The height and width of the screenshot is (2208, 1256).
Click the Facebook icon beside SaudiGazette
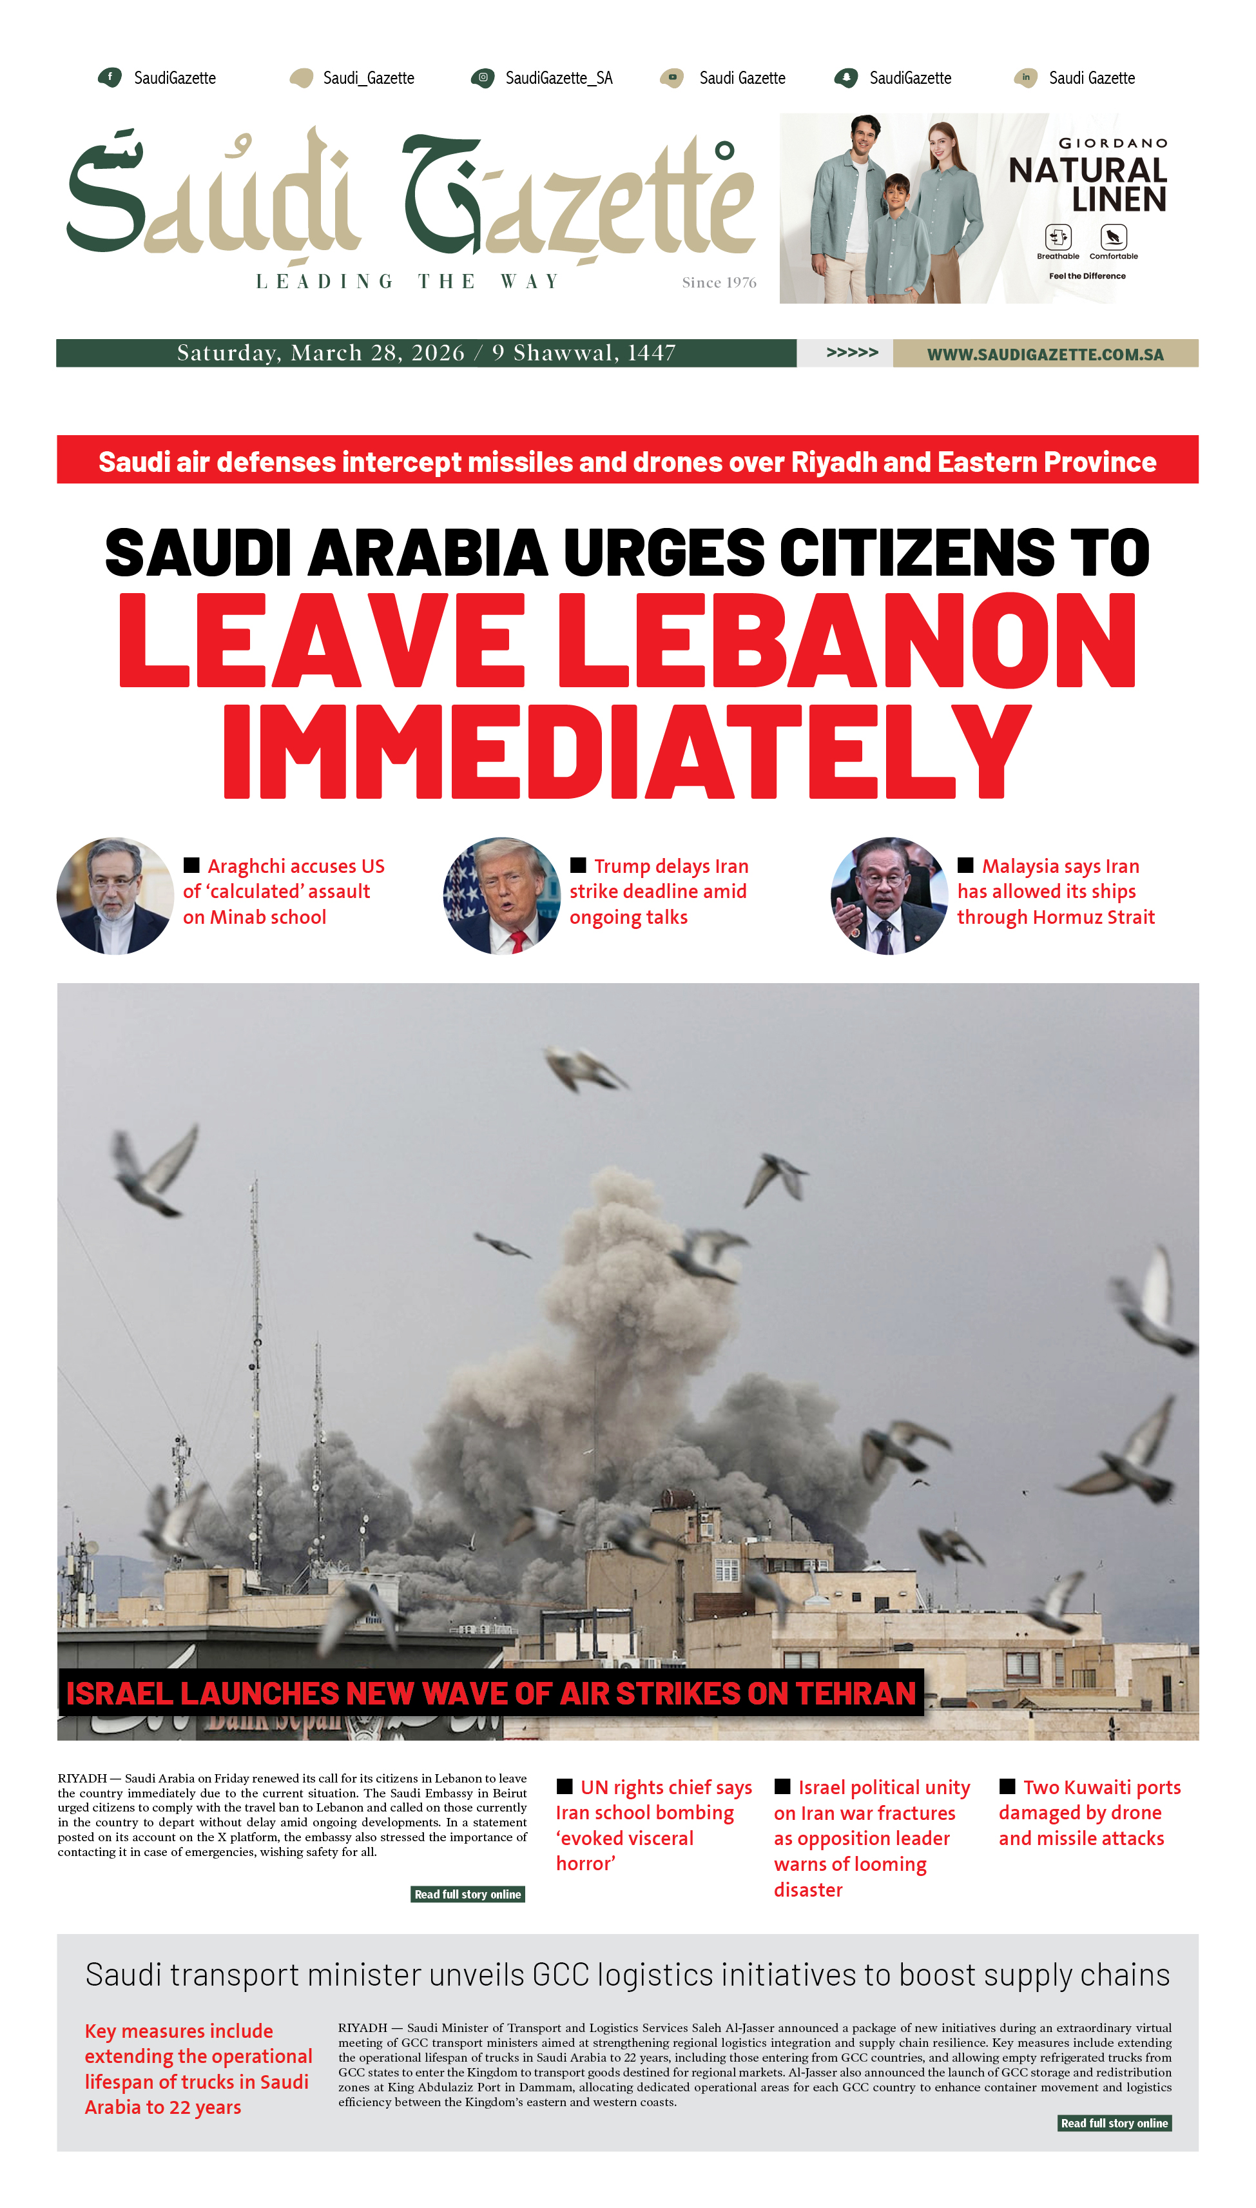[x=110, y=77]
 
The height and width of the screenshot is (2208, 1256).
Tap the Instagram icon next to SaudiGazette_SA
[x=483, y=77]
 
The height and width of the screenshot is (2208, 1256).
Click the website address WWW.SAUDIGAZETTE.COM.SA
[x=1045, y=354]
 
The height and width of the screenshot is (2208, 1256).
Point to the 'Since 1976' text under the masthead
[x=719, y=282]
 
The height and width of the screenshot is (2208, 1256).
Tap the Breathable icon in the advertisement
[x=1058, y=237]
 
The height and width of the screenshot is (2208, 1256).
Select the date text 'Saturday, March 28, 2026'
[x=320, y=353]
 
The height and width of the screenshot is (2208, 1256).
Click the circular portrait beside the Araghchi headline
[x=115, y=895]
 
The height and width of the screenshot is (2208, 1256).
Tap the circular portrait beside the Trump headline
[x=502, y=895]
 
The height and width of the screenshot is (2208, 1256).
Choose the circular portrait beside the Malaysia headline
[x=889, y=895]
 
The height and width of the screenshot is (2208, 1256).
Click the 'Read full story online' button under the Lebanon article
[x=468, y=1894]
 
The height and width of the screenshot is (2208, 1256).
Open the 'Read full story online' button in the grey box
[x=1114, y=2122]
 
